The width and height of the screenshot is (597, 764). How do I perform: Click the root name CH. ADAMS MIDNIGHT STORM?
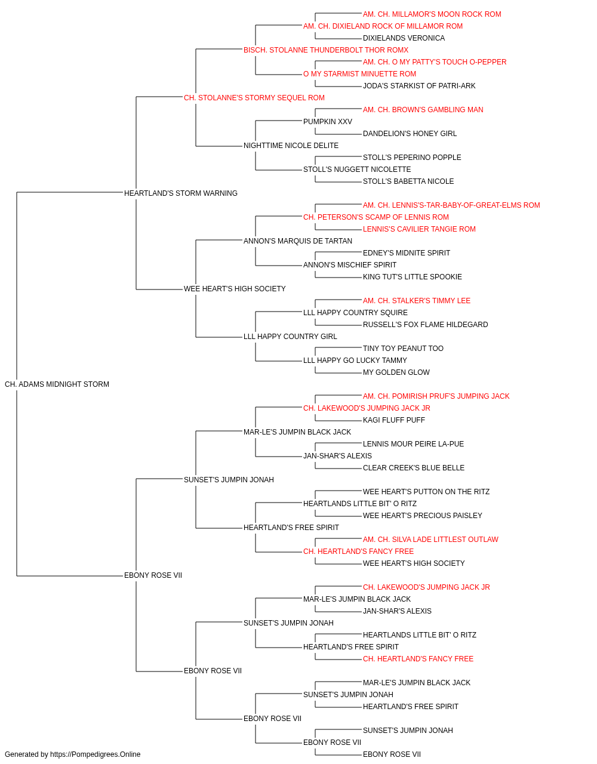coord(57,384)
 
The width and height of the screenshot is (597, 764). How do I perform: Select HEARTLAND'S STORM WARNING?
coord(181,193)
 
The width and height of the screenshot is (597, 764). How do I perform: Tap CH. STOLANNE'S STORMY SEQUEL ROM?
coord(254,98)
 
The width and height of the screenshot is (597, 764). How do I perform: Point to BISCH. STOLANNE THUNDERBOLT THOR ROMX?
coord(326,50)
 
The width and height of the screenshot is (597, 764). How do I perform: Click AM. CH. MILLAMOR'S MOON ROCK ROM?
coord(432,14)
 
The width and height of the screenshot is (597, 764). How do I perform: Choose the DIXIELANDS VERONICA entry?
coord(404,38)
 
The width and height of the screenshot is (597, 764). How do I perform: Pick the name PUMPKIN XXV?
coord(328,122)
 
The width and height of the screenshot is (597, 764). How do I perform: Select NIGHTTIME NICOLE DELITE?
coord(291,146)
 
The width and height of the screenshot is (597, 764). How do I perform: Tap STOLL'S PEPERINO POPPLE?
coord(412,158)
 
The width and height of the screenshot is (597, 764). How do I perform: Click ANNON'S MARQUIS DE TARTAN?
coord(298,241)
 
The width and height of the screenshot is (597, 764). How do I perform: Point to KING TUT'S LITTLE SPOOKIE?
coord(413,277)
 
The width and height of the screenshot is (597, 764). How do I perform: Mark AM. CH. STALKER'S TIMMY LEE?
coord(417,301)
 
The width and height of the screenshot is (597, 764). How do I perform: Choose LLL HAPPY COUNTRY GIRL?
coord(290,337)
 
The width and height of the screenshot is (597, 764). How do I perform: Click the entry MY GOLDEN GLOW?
coord(396,372)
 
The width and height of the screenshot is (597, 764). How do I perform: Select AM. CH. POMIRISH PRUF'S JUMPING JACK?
coord(436,396)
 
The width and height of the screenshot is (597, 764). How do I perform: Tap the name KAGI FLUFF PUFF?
coord(394,420)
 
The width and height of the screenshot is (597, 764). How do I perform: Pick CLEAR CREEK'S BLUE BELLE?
coord(414,468)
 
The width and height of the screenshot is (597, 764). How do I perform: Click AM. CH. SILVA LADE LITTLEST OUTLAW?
coord(430,540)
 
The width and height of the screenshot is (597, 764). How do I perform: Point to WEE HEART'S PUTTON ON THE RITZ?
coord(426,492)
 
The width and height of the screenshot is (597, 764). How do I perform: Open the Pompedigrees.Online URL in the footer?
coord(96,754)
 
